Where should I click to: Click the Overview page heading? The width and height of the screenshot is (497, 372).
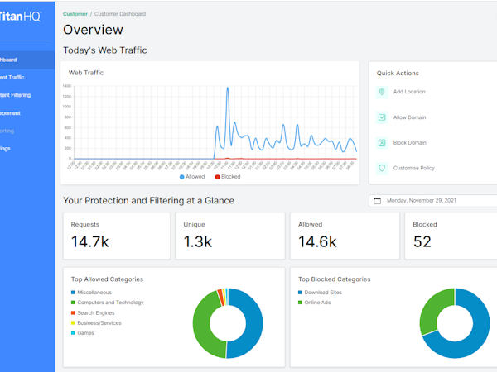click(93, 30)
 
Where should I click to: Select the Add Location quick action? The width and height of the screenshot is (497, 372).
click(409, 92)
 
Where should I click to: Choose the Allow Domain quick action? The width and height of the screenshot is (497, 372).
click(409, 117)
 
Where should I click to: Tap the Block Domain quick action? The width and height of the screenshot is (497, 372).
click(409, 143)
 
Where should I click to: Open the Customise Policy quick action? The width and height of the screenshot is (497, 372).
click(413, 168)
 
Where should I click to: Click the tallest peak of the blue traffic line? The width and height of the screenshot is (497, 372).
click(228, 86)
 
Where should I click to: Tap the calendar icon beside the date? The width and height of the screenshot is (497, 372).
click(378, 200)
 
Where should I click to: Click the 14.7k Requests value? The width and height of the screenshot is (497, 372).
click(90, 242)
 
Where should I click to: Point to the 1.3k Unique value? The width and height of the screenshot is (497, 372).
click(199, 242)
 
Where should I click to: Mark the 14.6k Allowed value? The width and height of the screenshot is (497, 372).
click(318, 242)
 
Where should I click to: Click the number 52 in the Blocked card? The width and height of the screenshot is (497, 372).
click(422, 242)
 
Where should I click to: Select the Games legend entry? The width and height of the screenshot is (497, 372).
click(86, 332)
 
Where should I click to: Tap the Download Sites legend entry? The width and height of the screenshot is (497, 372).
click(324, 293)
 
